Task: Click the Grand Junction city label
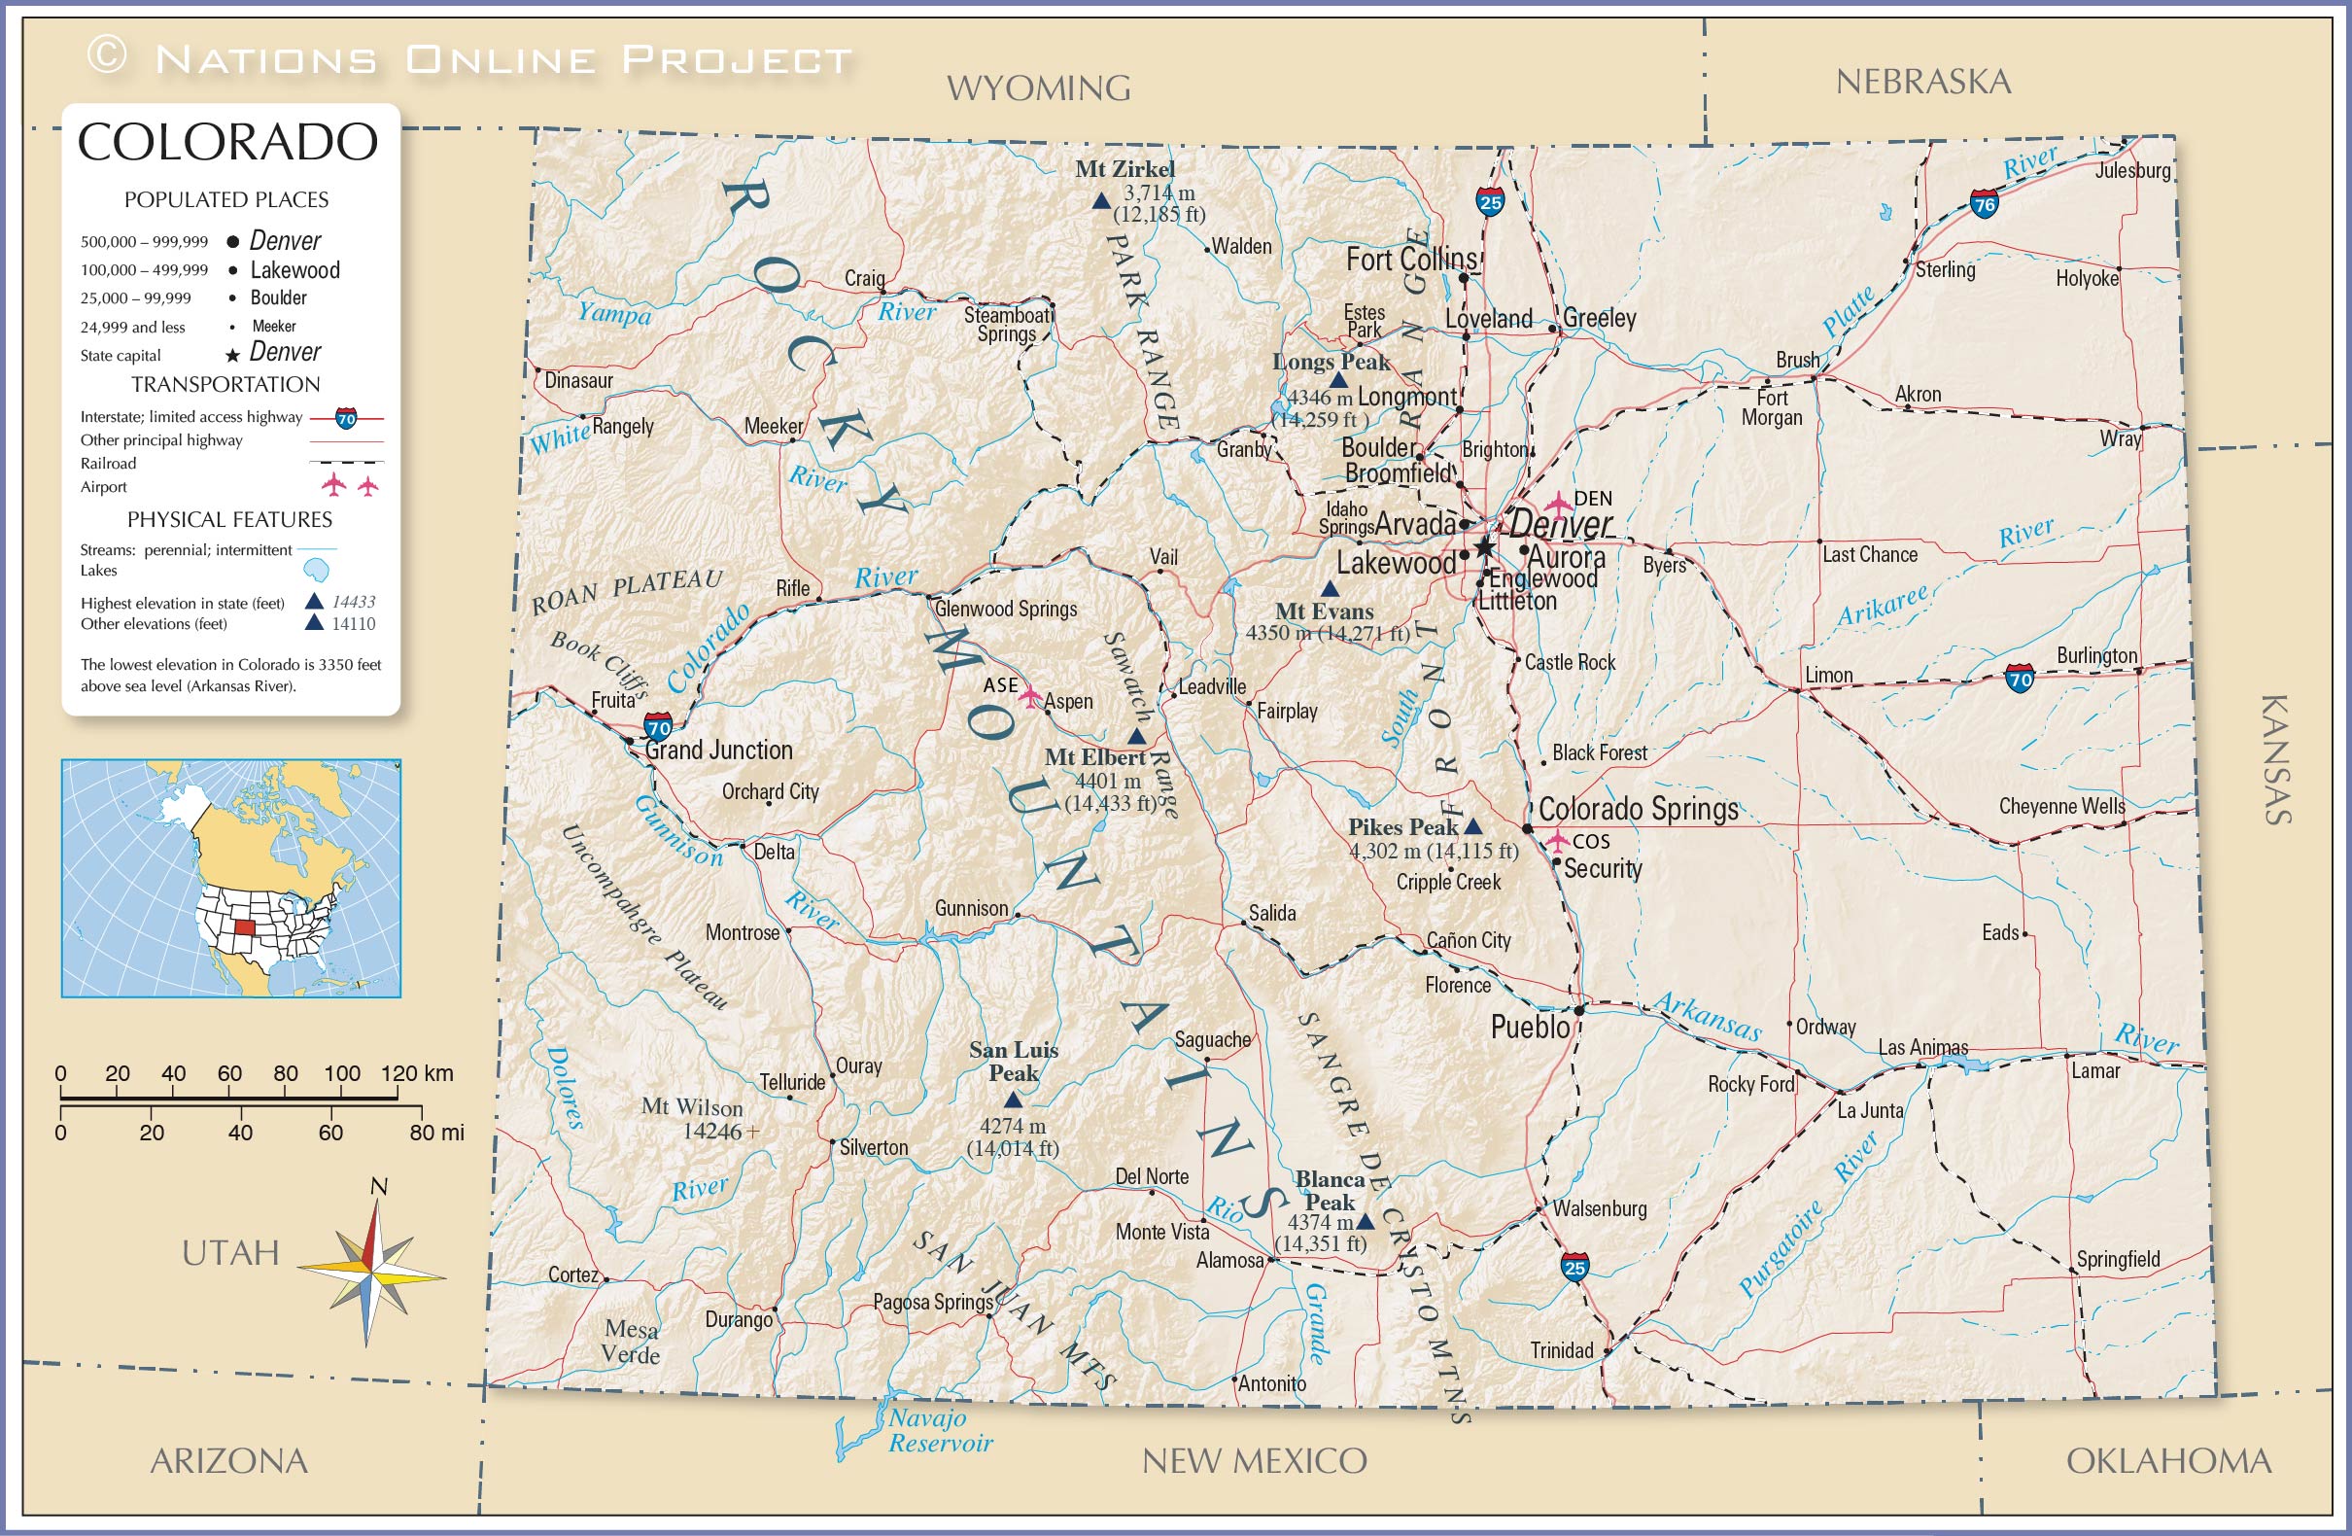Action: (718, 751)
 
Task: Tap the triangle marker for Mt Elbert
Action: (1137, 736)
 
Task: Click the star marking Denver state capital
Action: (1484, 546)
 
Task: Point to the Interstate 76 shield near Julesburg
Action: (1984, 204)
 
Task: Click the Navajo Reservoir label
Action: (939, 1430)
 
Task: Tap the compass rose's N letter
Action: (378, 1186)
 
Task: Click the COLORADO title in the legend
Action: (227, 142)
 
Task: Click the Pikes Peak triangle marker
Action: (1472, 826)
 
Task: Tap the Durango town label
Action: (739, 1319)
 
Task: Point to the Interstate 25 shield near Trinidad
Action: (1575, 1267)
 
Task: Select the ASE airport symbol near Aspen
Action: (1031, 696)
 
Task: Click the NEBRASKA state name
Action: (1923, 82)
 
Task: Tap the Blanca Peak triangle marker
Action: (1366, 1222)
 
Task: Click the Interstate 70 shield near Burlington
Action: (2020, 679)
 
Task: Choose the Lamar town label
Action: (2095, 1070)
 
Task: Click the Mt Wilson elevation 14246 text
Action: (716, 1131)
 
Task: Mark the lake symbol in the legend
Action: (315, 571)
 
